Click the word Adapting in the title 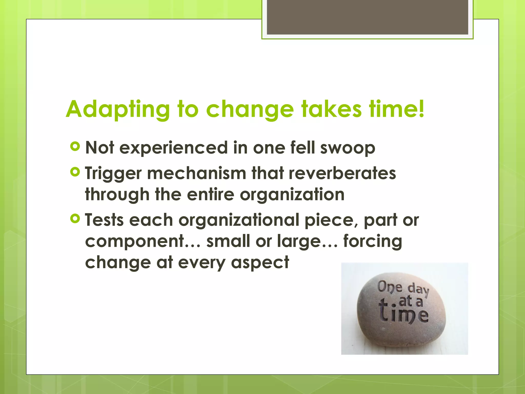point(118,110)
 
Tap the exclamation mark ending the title point(421,109)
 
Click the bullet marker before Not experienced point(75,146)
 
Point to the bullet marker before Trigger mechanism point(75,172)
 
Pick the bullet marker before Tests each point(75,219)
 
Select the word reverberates point(342,173)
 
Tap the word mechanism point(197,173)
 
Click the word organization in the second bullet point(292,194)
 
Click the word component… point(143,241)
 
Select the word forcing point(372,241)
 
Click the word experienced point(174,148)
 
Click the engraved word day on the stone point(418,290)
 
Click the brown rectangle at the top point(367,17)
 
